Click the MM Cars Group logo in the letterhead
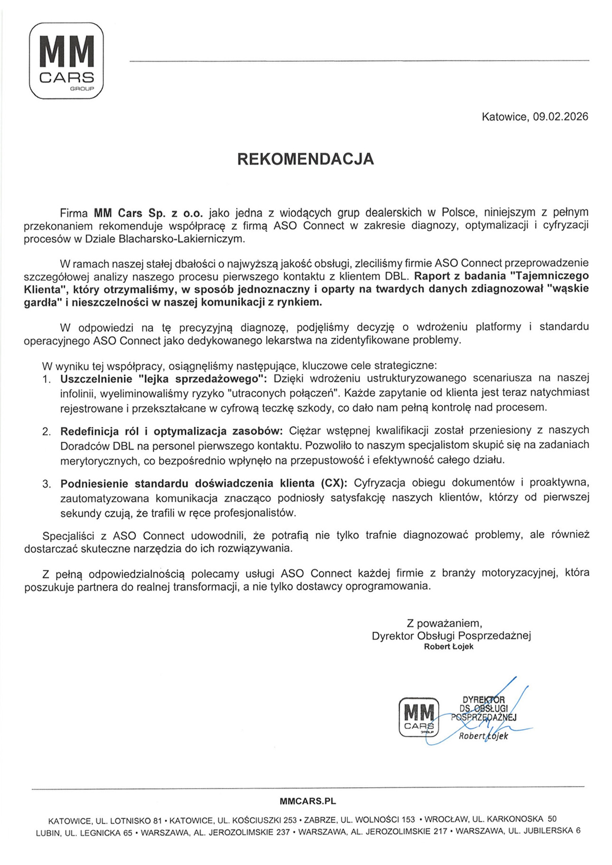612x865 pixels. point(66,61)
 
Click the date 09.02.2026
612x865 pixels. point(560,117)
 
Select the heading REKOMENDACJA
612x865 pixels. point(306,159)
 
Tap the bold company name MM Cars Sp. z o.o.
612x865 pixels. point(148,213)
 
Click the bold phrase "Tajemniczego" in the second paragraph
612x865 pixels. point(552,276)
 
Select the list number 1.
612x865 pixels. point(46,379)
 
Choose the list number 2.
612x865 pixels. point(46,431)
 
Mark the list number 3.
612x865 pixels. point(46,484)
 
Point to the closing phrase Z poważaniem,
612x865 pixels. point(444,623)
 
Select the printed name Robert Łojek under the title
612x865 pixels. point(448,647)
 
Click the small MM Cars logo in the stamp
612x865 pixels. point(418,717)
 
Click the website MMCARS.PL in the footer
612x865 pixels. point(307,801)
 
